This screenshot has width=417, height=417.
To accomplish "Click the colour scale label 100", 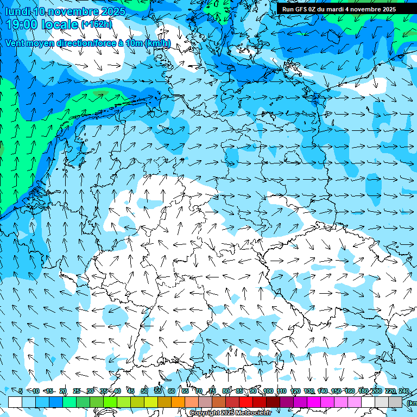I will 268,391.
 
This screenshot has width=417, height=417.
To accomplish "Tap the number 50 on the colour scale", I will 144,391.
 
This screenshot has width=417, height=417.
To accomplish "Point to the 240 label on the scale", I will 403,391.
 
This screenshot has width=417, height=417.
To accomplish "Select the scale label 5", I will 21,391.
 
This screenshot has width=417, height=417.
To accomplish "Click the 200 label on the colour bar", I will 376,391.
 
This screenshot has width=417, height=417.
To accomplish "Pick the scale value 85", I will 240,391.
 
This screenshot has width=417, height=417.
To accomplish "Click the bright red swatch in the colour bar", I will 246,402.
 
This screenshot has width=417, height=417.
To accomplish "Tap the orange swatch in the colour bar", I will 178,402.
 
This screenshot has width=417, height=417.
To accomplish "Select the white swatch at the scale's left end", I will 15,402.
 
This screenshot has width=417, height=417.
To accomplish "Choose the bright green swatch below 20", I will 69,402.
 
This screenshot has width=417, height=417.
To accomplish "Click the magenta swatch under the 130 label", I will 314,402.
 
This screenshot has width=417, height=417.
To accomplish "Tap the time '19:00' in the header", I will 25,24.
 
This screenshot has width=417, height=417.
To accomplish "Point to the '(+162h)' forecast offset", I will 97,24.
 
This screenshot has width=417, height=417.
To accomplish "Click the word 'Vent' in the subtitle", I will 16,43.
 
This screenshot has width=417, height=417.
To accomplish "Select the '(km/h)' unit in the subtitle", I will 157,43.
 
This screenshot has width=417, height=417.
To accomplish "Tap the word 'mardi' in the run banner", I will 337,9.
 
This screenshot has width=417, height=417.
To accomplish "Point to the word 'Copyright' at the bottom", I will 204,413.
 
